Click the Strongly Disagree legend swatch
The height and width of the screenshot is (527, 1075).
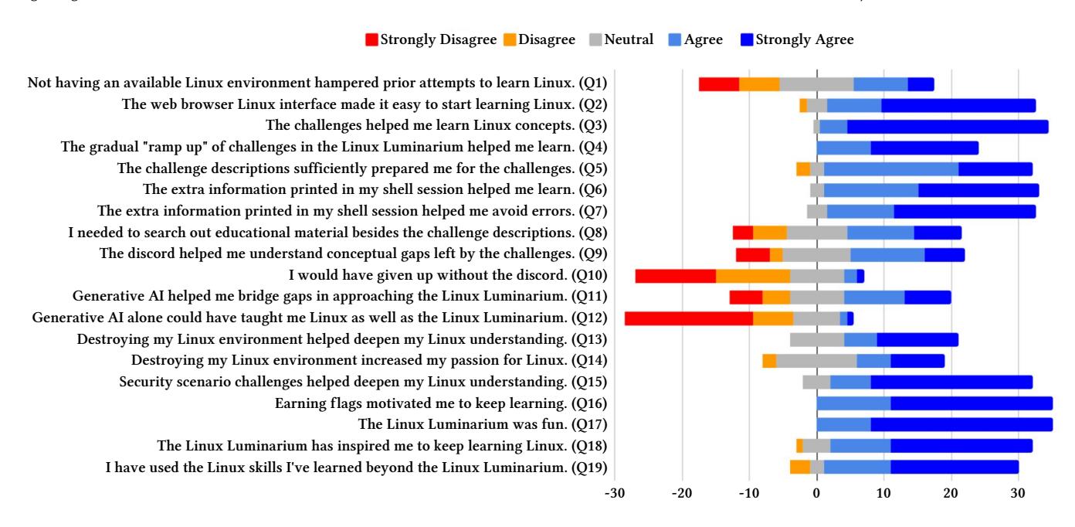pos(372,39)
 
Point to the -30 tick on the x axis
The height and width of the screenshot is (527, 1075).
pos(615,492)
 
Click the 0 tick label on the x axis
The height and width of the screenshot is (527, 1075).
pos(816,492)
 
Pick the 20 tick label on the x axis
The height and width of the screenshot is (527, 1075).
pos(951,492)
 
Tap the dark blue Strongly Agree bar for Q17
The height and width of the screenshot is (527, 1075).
pos(961,424)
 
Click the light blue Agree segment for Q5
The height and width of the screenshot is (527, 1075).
pos(890,168)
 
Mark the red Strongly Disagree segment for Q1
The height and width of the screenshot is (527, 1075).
pos(719,83)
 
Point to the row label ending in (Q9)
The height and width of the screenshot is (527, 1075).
pos(354,253)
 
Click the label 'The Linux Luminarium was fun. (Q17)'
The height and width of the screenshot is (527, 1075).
pos(483,424)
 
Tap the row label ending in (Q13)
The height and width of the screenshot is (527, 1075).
pos(342,339)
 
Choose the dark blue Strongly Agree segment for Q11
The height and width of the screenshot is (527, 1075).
pos(927,296)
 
